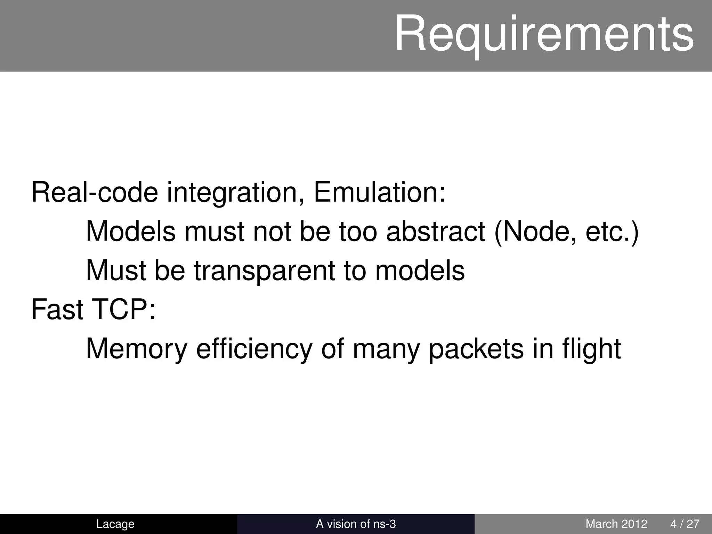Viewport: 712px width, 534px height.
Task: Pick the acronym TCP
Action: click(123, 309)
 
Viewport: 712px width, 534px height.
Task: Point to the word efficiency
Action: click(254, 349)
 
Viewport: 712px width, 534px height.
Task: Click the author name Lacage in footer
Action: click(115, 524)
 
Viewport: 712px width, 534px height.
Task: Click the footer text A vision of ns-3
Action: click(356, 524)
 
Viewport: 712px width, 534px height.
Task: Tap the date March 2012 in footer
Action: click(616, 524)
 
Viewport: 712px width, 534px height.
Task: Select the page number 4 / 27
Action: click(685, 524)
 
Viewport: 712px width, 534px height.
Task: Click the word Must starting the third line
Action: click(116, 271)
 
